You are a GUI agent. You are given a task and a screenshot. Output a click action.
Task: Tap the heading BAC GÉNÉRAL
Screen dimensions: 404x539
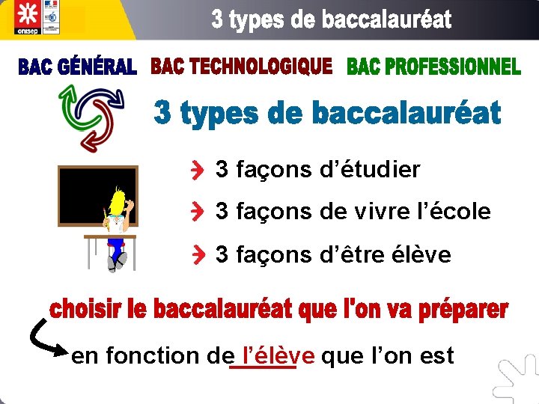[77, 68]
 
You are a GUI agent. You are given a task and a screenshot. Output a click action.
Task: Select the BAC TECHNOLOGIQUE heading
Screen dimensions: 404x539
[241, 67]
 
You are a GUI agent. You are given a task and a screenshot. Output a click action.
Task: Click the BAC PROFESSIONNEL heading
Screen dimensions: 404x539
[433, 67]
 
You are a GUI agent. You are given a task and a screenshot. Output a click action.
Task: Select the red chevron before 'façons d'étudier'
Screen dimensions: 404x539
[197, 171]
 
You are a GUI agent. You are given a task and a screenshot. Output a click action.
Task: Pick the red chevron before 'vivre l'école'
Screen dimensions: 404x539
[197, 212]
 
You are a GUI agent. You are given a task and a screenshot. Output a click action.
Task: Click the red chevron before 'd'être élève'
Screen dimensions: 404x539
[197, 256]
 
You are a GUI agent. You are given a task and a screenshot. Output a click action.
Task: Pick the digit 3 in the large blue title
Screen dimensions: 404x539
[165, 114]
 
